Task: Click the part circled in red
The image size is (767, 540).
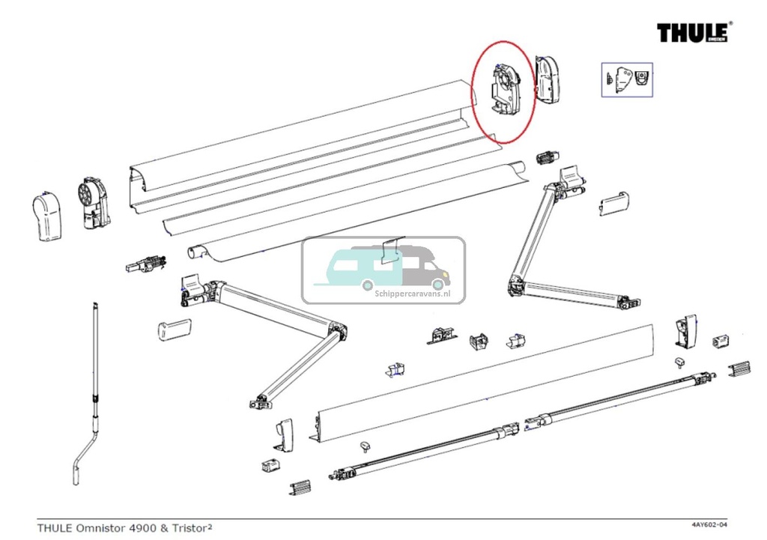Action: tap(502, 93)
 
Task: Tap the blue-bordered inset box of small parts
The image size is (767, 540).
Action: tap(627, 79)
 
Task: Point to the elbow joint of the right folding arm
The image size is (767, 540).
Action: tap(517, 285)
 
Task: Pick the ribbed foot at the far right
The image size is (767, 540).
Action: tap(740, 369)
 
